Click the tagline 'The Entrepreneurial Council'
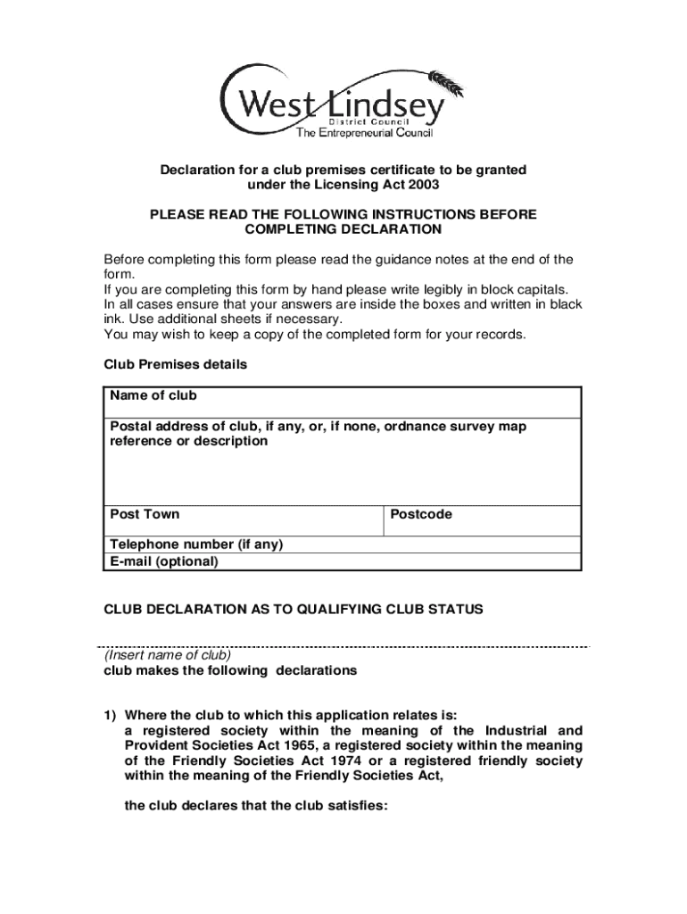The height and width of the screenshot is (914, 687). click(364, 133)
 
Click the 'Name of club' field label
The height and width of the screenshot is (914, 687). click(153, 395)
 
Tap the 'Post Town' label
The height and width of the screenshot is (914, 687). click(144, 514)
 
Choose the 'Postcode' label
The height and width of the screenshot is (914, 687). click(420, 514)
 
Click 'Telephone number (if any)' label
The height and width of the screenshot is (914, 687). click(196, 544)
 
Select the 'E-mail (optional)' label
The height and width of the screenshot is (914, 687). click(163, 561)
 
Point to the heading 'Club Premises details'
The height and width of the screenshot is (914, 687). click(176, 364)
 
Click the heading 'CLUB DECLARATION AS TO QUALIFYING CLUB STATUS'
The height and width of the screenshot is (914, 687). click(294, 609)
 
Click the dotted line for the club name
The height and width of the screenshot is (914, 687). click(343, 645)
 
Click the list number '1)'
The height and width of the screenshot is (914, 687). click(111, 715)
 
